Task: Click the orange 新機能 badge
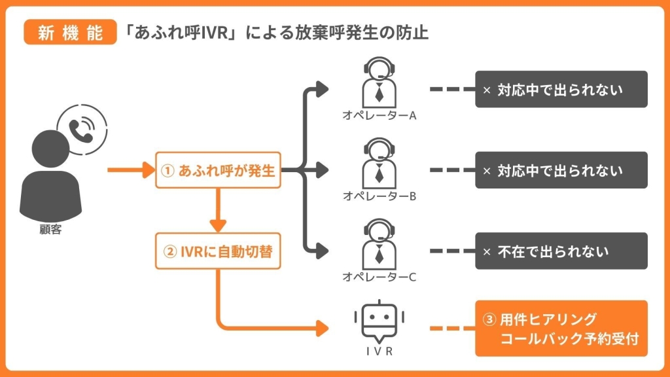(x=70, y=33)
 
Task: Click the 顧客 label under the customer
(x=50, y=230)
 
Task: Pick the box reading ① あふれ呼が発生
(x=218, y=171)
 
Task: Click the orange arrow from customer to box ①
(x=130, y=171)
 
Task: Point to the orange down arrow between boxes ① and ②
(x=218, y=209)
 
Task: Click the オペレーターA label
(x=379, y=115)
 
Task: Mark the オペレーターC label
(x=379, y=277)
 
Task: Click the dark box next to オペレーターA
(x=561, y=90)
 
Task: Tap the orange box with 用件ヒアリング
(x=561, y=329)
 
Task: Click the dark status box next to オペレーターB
(x=561, y=171)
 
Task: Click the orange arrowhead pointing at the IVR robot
(x=321, y=329)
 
